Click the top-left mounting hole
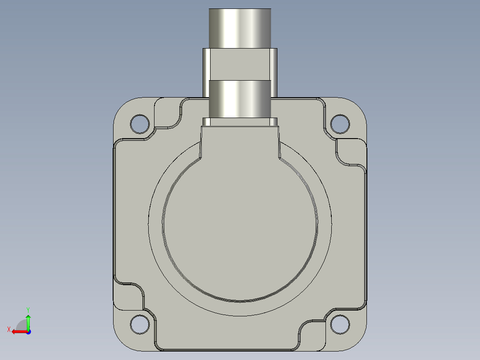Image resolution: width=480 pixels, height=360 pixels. click(x=140, y=124)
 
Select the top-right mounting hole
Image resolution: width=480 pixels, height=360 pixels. click(x=340, y=124)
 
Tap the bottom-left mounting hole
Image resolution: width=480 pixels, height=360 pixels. click(x=140, y=324)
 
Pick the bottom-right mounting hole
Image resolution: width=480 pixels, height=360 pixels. click(x=340, y=324)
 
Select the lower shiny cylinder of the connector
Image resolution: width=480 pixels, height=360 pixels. click(x=240, y=98)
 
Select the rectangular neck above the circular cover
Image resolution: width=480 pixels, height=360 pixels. click(x=240, y=140)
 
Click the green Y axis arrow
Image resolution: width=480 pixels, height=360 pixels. click(x=28, y=321)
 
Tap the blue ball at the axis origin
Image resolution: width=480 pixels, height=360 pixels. click(x=28, y=331)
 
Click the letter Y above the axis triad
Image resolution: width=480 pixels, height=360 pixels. click(x=28, y=309)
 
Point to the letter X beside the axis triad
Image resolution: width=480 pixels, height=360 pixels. click(x=8, y=329)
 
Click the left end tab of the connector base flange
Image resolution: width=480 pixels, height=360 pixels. click(x=206, y=121)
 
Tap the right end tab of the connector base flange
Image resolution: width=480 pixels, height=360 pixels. click(x=274, y=121)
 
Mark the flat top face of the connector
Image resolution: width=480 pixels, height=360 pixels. click(x=240, y=9)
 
